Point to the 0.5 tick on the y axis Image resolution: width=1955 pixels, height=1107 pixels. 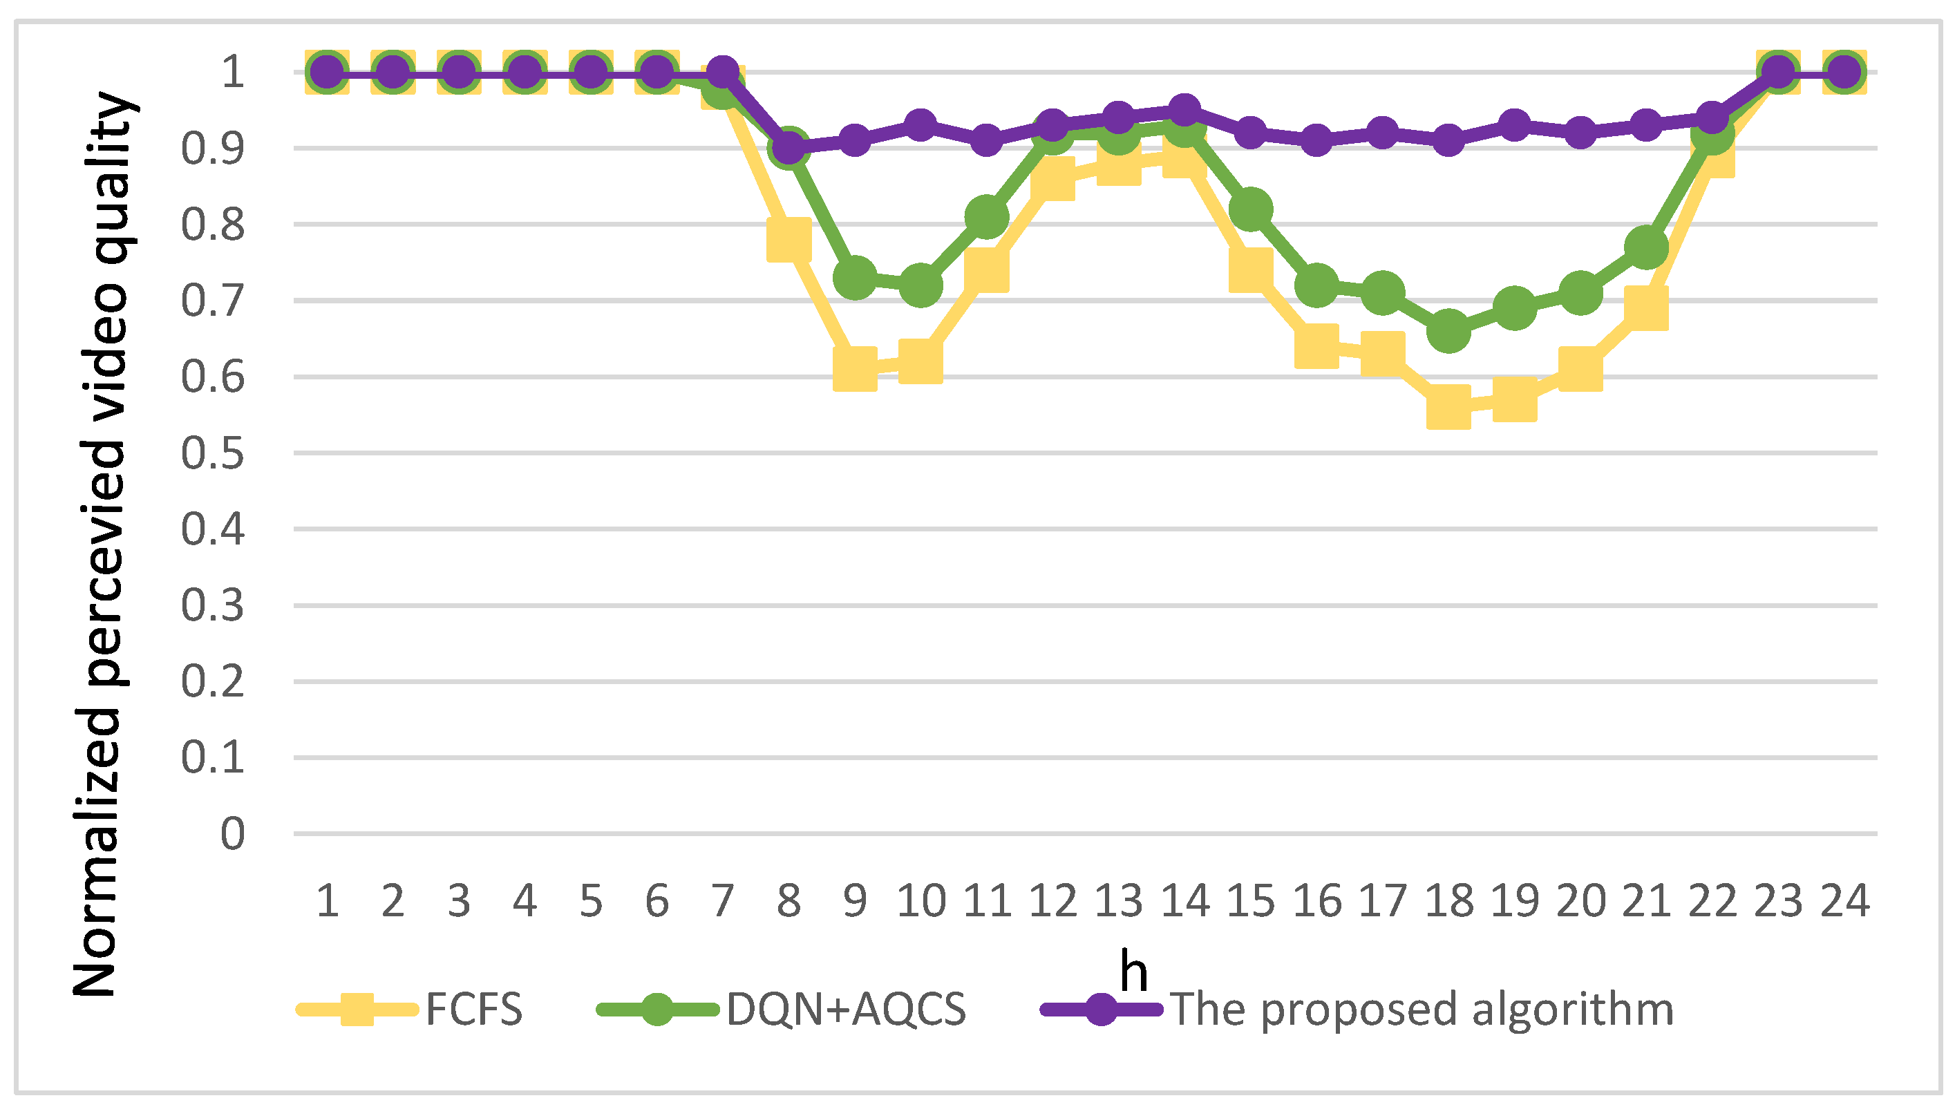(213, 454)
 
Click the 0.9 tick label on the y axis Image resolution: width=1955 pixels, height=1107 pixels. (213, 149)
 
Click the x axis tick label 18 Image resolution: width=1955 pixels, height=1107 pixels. (1448, 902)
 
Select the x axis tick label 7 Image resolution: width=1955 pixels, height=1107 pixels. (722, 902)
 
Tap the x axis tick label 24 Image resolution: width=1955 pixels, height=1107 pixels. (1844, 902)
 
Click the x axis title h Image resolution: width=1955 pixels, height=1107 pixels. (1133, 972)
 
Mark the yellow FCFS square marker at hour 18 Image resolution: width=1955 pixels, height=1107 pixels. (1448, 407)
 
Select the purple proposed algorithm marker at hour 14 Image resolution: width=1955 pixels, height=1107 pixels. (1184, 111)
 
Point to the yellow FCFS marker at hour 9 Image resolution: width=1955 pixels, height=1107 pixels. (854, 369)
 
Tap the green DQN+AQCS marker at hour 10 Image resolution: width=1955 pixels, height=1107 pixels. (920, 285)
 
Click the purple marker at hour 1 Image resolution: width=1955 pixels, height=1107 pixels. (327, 73)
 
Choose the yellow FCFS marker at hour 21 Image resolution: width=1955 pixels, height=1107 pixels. (1646, 308)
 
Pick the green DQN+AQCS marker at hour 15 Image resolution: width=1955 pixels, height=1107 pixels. (1250, 209)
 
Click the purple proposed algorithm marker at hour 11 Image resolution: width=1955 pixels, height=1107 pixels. (987, 141)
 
